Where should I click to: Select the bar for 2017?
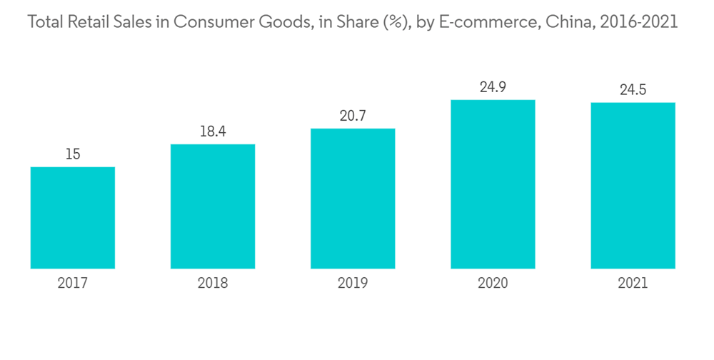pos(73,218)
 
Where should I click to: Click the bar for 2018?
pos(213,206)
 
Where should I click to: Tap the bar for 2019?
pos(353,199)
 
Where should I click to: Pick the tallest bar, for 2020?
pos(493,184)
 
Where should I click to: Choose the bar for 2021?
pos(633,186)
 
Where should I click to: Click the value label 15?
pos(73,154)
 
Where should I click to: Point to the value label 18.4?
pos(213,131)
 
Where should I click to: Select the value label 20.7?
pos(353,116)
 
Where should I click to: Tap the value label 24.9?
pos(493,87)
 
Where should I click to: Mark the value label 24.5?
pos(633,90)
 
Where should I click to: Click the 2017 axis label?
pos(73,284)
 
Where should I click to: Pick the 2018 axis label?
pos(213,284)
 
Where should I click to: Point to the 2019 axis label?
pos(353,284)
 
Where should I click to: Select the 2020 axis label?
pos(493,284)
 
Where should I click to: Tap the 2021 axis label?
pos(633,284)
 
